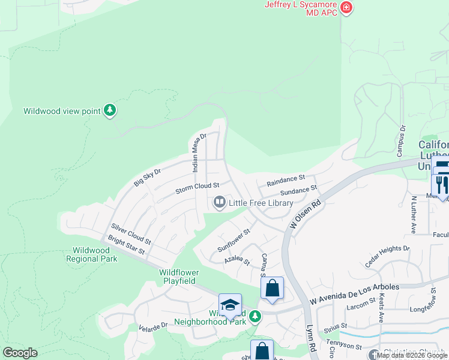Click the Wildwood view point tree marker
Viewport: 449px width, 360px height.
click(x=109, y=110)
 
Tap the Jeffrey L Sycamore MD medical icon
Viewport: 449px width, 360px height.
click(x=346, y=8)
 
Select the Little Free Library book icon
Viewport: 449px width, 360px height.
click(x=220, y=203)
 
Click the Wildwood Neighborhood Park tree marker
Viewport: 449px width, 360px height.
click(x=255, y=316)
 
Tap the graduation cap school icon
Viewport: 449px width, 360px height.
click(x=230, y=305)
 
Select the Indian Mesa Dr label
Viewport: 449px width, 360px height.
click(x=199, y=153)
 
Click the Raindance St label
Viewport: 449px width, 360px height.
click(x=286, y=179)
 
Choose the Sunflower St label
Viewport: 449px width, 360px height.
click(x=234, y=239)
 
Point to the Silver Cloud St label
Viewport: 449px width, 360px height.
click(x=131, y=235)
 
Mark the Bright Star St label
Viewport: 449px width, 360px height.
click(x=127, y=248)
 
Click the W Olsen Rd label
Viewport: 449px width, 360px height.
click(x=306, y=214)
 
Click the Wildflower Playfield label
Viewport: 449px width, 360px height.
click(x=179, y=276)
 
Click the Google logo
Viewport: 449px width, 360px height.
click(x=20, y=353)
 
